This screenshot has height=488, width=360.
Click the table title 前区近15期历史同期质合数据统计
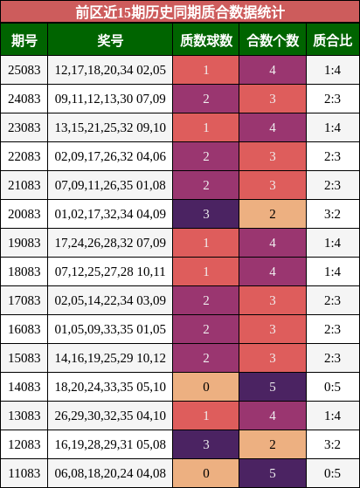[x=180, y=13]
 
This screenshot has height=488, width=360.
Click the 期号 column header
[x=24, y=40]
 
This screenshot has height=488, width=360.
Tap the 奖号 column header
[x=110, y=40]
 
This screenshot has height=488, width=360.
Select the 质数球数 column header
[x=206, y=40]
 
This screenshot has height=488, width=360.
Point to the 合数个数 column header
[x=273, y=40]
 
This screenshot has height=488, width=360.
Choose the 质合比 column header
[x=333, y=40]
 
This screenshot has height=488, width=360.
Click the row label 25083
[x=24, y=70]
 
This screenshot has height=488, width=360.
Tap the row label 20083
[x=24, y=214]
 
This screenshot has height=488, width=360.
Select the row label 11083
[x=24, y=473]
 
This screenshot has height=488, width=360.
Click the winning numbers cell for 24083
[x=110, y=99]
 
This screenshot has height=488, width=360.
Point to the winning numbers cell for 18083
[x=110, y=271]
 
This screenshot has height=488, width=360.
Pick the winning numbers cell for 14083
[x=110, y=387]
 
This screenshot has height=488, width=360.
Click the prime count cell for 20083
[x=206, y=214]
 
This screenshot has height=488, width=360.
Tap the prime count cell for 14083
[x=206, y=387]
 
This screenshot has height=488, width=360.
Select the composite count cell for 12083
[x=273, y=444]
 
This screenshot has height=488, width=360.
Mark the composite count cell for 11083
[x=273, y=473]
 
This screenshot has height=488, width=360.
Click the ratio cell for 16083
[x=333, y=329]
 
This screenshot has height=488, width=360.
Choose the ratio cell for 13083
[x=333, y=416]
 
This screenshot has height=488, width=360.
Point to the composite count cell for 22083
[x=273, y=156]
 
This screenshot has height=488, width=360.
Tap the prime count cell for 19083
[x=206, y=243]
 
